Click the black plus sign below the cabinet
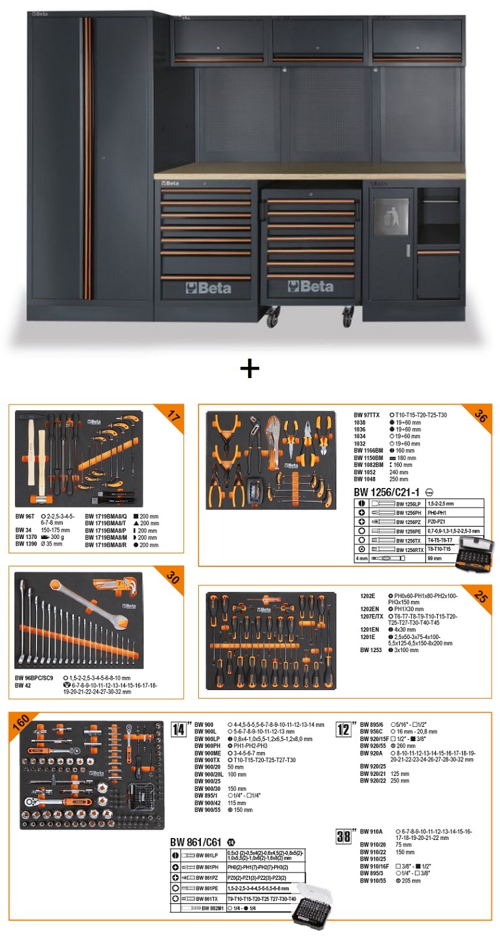coord(249,369)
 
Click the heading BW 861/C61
coord(196,842)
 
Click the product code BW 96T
coord(26,516)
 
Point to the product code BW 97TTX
coord(368,415)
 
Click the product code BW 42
coord(23,686)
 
